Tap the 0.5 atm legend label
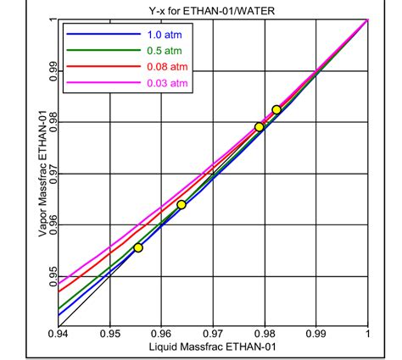[x=159, y=50]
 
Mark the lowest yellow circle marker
[x=138, y=247]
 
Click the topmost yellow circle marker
[x=276, y=110]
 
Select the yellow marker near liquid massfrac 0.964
[x=181, y=205]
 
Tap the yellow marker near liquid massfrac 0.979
[x=260, y=127]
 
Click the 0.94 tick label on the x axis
[x=59, y=335]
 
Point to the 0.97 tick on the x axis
[x=213, y=335]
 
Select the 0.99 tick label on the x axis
[x=315, y=335]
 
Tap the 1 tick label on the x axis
[x=367, y=335]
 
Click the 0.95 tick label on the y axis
[x=51, y=275]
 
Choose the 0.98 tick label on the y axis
[x=51, y=122]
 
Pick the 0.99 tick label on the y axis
[x=51, y=71]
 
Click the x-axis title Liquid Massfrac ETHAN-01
[x=212, y=347]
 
